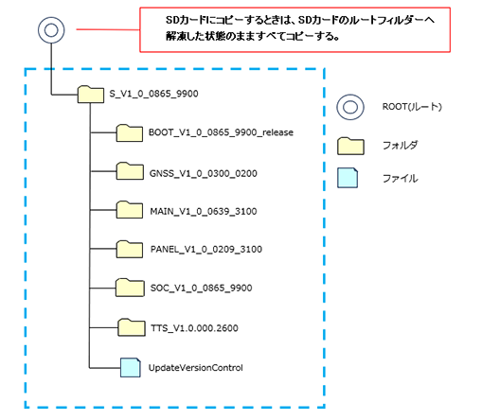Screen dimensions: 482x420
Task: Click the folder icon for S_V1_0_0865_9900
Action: (91, 95)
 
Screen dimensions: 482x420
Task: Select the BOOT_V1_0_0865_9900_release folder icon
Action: (130, 133)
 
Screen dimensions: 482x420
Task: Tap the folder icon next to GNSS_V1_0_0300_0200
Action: (130, 171)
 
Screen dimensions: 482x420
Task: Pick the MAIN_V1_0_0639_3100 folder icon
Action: (130, 210)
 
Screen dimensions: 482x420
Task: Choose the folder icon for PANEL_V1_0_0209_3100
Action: (130, 249)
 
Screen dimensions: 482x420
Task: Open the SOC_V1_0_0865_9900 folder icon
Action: (130, 288)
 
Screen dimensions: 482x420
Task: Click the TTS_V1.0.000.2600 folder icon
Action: (132, 327)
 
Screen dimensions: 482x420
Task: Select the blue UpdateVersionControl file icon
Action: (131, 367)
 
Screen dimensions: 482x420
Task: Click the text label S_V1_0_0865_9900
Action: (153, 94)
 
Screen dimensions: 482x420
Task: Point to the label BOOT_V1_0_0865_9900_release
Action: (221, 132)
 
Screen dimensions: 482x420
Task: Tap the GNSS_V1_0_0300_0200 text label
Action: (204, 173)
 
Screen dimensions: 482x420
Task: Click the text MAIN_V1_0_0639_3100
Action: (204, 211)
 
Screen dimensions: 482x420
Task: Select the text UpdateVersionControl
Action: (196, 368)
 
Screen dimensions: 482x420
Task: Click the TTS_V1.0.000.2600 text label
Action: (194, 328)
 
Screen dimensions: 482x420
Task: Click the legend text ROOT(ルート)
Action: (412, 107)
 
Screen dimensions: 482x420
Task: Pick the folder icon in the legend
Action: (350, 147)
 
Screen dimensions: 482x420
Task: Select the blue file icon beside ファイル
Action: (348, 178)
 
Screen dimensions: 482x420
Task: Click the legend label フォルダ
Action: (400, 145)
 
